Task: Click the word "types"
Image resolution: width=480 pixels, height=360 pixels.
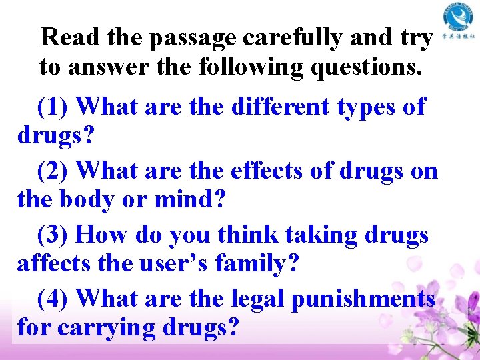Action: coord(368,107)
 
